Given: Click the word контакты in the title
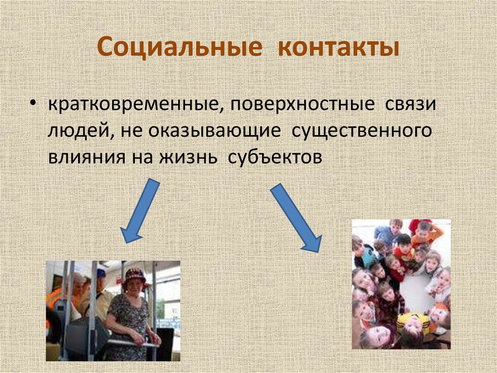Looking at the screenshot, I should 339,49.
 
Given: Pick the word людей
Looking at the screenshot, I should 79,132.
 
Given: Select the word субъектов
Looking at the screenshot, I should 274,158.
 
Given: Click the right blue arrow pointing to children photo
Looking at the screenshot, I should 296,217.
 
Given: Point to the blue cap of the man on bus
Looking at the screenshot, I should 101,273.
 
